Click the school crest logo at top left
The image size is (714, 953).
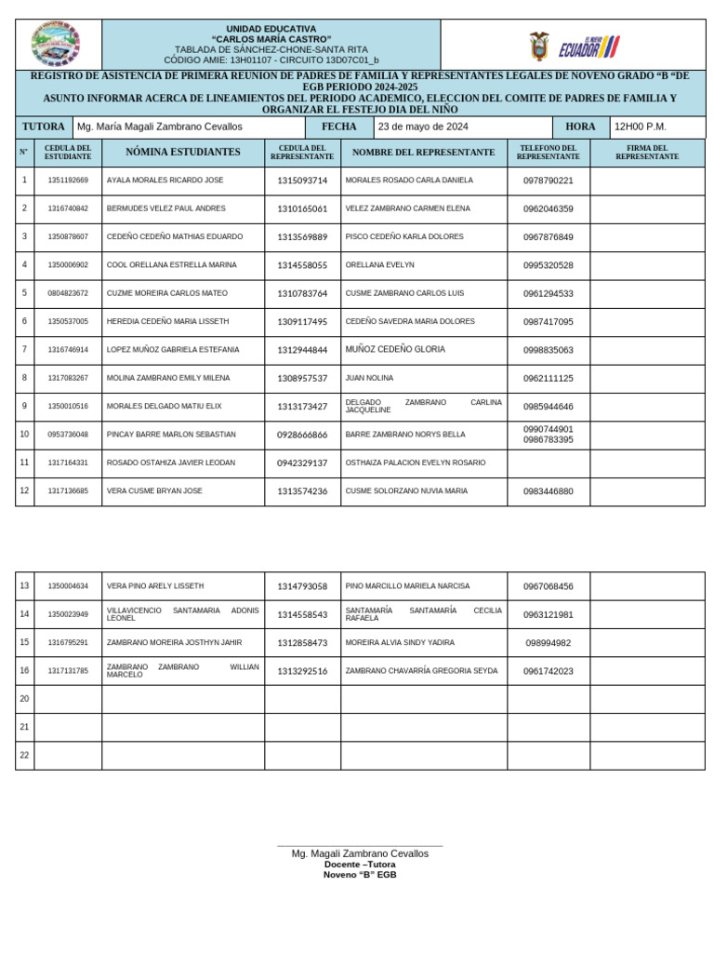point(56,44)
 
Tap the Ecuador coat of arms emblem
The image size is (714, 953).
point(539,46)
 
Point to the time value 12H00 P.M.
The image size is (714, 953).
point(641,127)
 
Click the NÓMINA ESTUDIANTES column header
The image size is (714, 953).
point(182,152)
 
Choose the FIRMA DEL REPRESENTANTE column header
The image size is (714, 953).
point(647,152)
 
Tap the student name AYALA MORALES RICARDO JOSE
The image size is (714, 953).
point(165,180)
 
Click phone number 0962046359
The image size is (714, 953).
point(548,208)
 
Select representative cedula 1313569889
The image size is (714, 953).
point(302,237)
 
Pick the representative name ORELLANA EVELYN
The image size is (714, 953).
point(379,265)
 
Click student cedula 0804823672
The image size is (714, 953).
point(68,293)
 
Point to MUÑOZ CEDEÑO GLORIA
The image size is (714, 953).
point(394,350)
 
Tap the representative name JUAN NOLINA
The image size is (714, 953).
point(369,378)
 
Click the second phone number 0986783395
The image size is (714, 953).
point(548,439)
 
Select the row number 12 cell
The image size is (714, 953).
point(25,490)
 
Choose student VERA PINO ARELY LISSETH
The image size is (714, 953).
point(155,586)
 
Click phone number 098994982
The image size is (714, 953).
point(548,643)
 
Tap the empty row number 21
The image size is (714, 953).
point(25,727)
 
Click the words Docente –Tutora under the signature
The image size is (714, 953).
point(360,864)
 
